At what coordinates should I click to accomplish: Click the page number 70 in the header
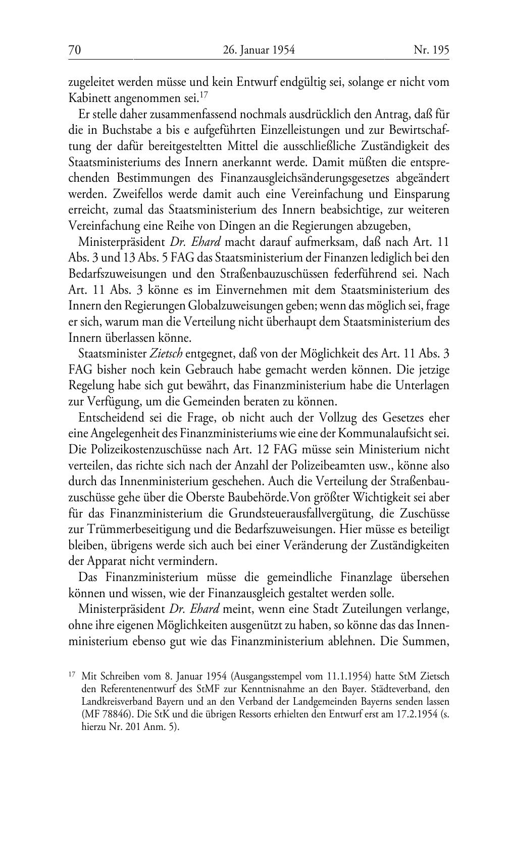[x=75, y=50]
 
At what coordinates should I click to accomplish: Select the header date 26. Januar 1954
[x=258, y=50]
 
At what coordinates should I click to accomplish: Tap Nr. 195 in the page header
[x=431, y=50]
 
